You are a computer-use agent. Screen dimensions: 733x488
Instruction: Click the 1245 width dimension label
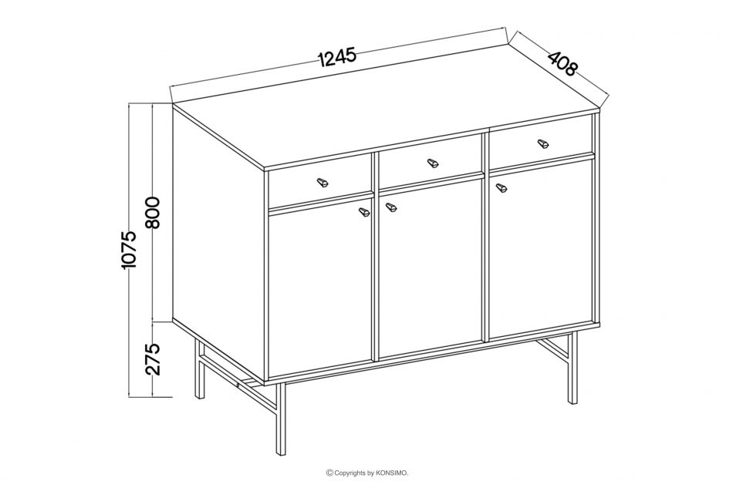coord(337,57)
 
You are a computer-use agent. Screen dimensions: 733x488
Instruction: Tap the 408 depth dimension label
coord(562,63)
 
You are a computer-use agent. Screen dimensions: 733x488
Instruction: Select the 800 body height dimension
coord(153,213)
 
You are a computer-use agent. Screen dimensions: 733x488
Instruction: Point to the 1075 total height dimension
coord(128,249)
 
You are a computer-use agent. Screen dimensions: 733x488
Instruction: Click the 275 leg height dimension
coord(153,359)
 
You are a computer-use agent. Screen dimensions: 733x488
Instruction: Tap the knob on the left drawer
coord(322,182)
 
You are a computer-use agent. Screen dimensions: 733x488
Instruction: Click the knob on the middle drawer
coord(433,163)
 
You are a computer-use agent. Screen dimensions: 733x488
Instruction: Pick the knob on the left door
coord(363,212)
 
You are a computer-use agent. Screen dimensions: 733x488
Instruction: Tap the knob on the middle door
coord(390,207)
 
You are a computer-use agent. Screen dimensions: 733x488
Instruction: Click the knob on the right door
coord(501,188)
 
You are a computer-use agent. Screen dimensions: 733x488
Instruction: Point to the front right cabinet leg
coord(573,368)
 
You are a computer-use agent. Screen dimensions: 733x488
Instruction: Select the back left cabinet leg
coord(200,369)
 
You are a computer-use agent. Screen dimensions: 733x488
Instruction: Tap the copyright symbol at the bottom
coord(329,473)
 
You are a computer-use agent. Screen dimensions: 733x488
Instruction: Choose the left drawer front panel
coord(320,184)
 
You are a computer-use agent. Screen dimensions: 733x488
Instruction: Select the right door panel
coord(541,247)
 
